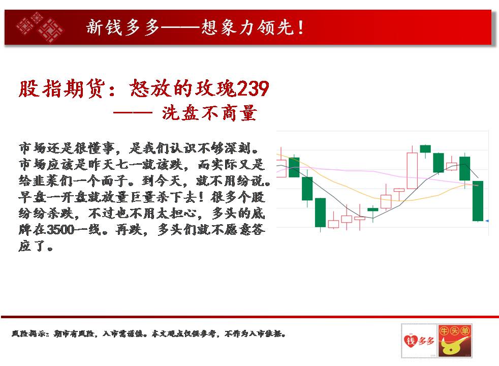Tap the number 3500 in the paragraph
tap(60, 229)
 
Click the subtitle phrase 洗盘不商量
tap(209, 113)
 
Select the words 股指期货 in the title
tap(61, 88)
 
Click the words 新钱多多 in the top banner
tap(122, 27)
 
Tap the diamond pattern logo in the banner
tap(40, 27)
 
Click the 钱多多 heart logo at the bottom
tap(419, 341)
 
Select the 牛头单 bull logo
tap(454, 341)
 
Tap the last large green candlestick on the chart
tap(478, 201)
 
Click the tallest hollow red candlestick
tap(412, 171)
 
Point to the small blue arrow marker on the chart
tap(487, 221)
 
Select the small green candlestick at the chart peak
tap(425, 148)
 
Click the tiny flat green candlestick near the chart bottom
tap(372, 209)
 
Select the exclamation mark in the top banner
tap(301, 27)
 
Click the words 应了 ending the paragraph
tap(32, 246)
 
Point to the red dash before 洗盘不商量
tap(133, 113)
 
